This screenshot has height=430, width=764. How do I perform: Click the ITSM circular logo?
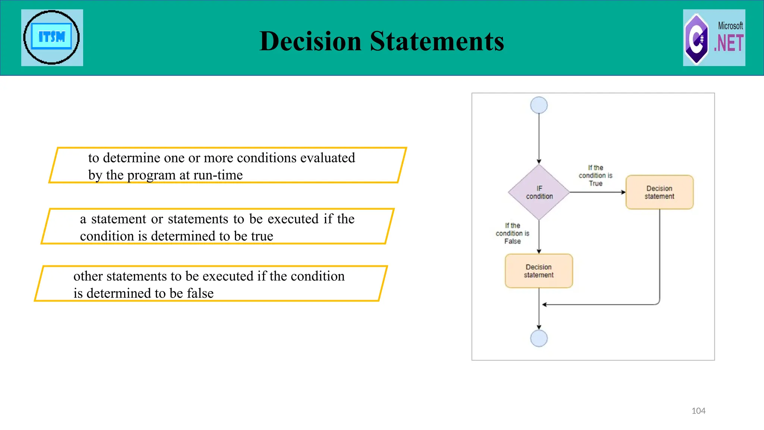(x=51, y=37)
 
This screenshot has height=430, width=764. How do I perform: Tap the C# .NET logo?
(x=714, y=38)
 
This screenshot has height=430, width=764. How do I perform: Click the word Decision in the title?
(x=310, y=41)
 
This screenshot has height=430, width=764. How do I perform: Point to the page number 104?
(x=698, y=411)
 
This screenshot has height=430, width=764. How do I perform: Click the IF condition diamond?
(x=539, y=192)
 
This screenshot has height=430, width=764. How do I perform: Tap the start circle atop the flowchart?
(x=539, y=105)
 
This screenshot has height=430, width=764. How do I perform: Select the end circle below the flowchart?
(x=539, y=338)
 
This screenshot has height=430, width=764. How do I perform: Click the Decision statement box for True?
(x=659, y=192)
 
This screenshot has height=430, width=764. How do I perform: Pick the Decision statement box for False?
(x=539, y=271)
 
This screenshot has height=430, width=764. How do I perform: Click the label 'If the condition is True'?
(x=595, y=175)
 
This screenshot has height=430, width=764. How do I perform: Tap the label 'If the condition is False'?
(x=512, y=233)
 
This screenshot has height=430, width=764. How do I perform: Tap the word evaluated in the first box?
(x=327, y=158)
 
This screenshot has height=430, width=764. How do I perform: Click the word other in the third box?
(x=88, y=276)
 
